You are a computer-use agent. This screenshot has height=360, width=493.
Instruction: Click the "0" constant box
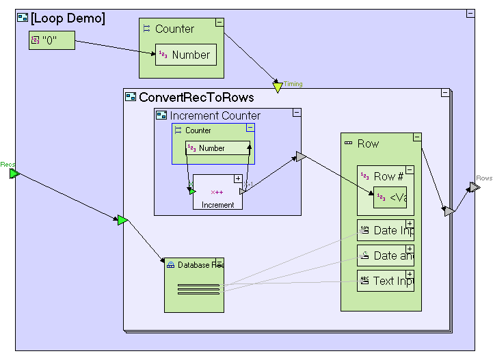[51, 40]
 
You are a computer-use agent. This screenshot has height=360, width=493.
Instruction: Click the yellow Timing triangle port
[278, 87]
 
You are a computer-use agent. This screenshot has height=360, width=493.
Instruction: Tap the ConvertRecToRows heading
[196, 98]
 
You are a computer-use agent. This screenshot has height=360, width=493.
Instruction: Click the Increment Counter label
[215, 115]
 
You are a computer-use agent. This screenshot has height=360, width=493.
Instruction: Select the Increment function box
[217, 192]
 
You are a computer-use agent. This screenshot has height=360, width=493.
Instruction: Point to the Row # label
[388, 176]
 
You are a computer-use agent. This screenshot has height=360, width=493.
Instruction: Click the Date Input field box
[386, 230]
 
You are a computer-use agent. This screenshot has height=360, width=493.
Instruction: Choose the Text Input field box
[386, 281]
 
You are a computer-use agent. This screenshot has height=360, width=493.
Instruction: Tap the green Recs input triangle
[14, 174]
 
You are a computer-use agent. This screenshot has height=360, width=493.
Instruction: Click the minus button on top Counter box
[219, 23]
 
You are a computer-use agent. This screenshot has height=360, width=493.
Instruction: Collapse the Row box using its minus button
[417, 137]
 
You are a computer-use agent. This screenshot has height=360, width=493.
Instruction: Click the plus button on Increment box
[238, 179]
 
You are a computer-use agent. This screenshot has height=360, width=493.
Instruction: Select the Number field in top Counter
[186, 55]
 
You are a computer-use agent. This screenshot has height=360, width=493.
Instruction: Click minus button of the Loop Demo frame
[470, 14]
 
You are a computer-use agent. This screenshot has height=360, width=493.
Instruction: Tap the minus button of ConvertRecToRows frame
[445, 93]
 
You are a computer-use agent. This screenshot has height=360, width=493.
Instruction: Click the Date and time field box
[386, 255]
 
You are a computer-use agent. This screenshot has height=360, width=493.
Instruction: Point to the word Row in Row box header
[368, 143]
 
